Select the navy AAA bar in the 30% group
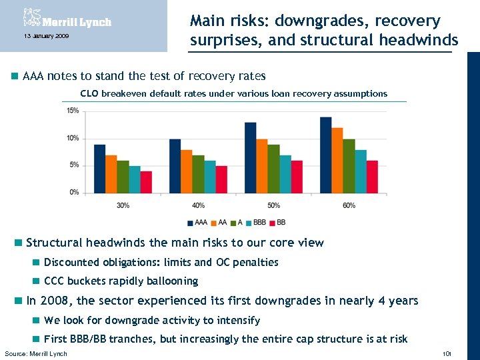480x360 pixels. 99,169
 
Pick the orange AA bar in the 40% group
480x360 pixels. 186,171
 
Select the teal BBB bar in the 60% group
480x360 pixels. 360,171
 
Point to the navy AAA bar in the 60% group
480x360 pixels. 325,155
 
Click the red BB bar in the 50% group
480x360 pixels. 297,177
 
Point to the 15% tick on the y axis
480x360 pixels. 73,111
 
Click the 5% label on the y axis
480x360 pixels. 74,165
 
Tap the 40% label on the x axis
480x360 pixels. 198,205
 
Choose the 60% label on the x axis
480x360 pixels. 349,205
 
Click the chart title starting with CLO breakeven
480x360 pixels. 233,93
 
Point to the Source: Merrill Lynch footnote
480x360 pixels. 36,353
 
